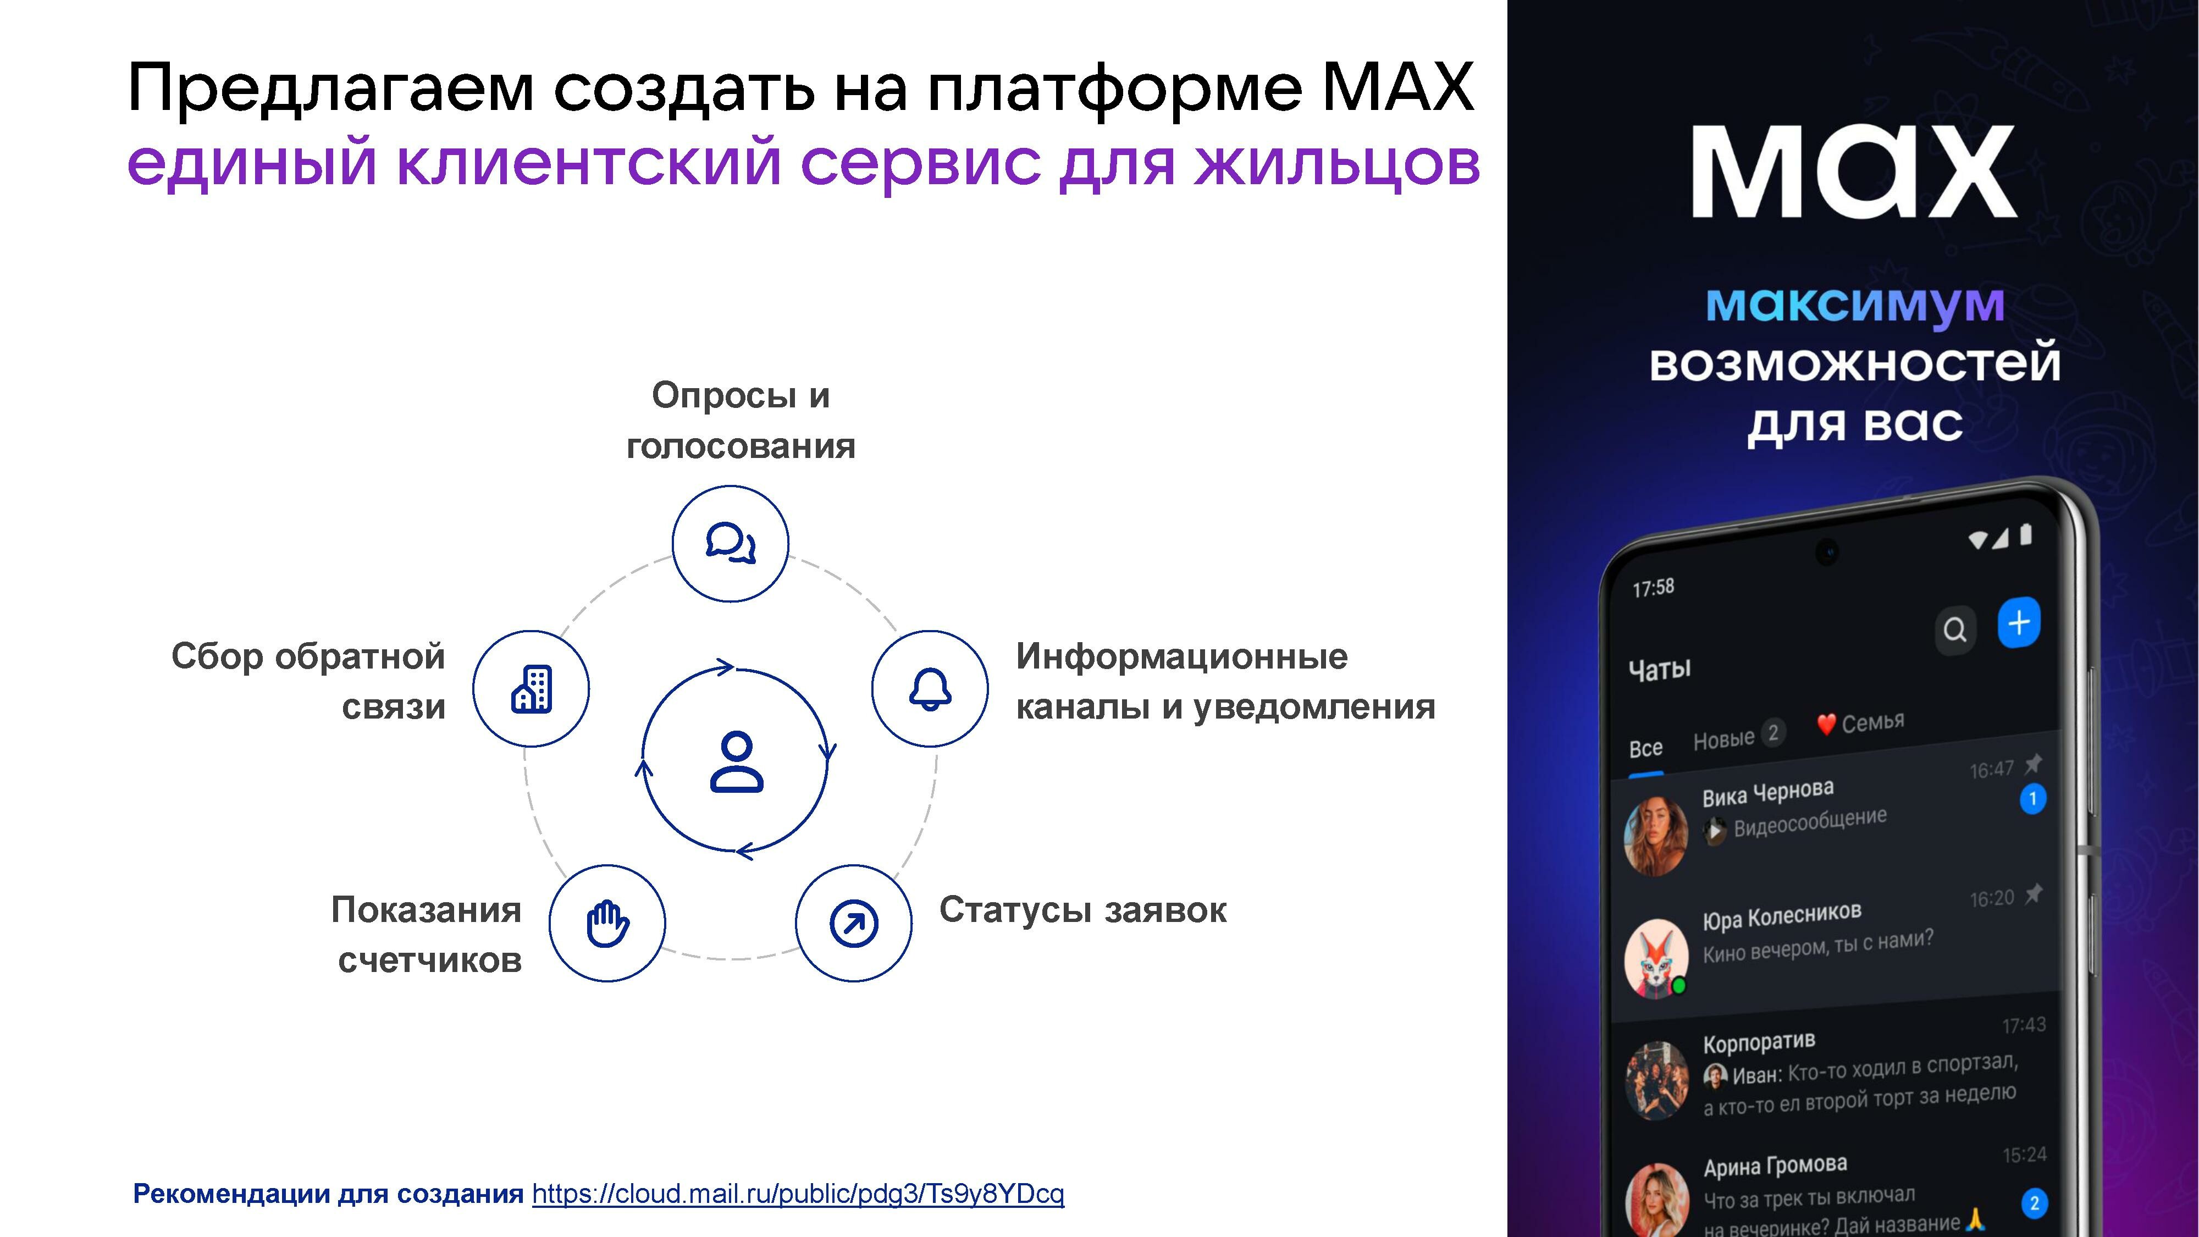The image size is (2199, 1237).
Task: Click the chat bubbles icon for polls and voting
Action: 731,543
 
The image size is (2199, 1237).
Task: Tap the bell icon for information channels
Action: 930,688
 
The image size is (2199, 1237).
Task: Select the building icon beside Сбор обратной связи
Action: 531,688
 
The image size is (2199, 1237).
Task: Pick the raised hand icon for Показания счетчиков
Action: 607,923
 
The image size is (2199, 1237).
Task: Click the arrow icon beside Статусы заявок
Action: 854,923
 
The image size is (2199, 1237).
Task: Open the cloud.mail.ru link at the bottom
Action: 798,1194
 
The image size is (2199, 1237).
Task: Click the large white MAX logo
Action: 1854,172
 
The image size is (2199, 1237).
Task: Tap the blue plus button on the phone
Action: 2019,623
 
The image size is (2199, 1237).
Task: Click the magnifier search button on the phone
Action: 1955,630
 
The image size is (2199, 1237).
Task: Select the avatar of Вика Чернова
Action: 1656,837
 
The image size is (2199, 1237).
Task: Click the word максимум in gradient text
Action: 1855,304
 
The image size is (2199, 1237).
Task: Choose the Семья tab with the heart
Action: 1861,723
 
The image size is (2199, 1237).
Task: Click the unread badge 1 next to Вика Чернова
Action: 2032,799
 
